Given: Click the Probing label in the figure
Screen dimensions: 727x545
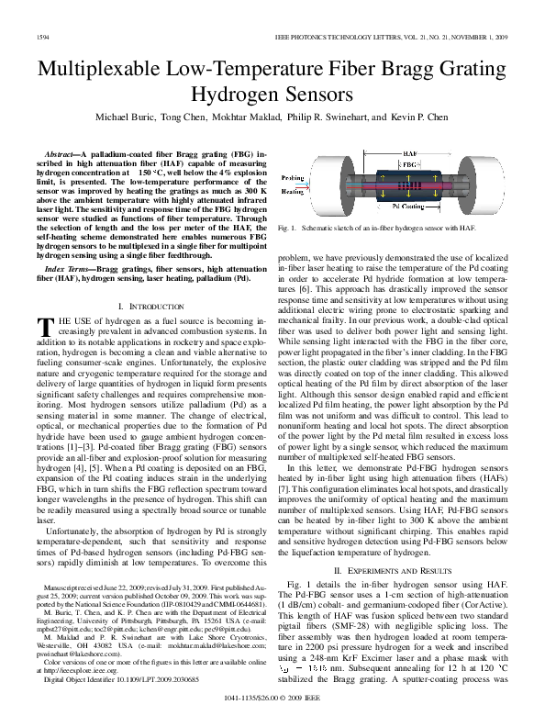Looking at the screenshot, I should [293, 178].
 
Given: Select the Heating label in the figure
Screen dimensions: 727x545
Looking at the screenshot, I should [293, 192].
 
